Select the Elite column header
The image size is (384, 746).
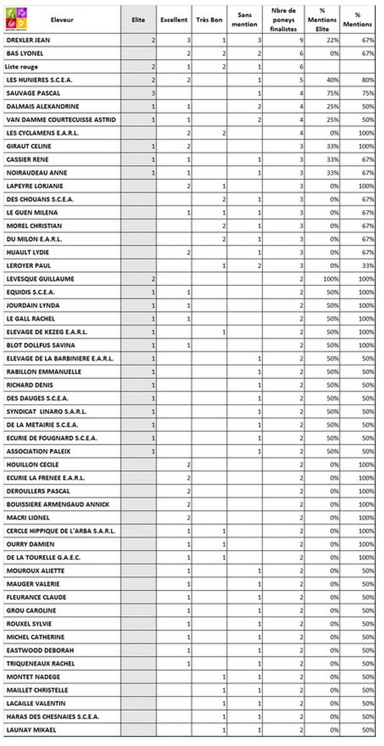click(139, 20)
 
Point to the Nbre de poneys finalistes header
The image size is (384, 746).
click(283, 20)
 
